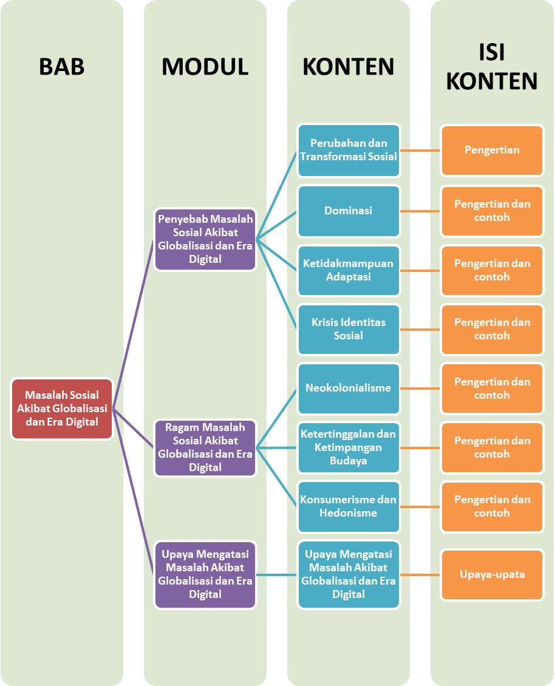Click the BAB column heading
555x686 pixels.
(61, 66)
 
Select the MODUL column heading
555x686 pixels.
(205, 66)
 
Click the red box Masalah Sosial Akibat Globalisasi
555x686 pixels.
(62, 409)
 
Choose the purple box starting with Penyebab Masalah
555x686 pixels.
(205, 239)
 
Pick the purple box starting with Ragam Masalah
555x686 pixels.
(205, 447)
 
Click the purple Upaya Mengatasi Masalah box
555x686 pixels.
(205, 574)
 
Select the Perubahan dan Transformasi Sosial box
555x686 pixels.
(349, 150)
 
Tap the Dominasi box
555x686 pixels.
(349, 211)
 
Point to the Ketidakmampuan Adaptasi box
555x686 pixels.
(349, 270)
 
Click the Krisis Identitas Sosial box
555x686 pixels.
(349, 329)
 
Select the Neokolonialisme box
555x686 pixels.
(349, 388)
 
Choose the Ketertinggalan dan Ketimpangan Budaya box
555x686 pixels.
(349, 447)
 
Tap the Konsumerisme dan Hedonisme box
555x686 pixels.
(349, 506)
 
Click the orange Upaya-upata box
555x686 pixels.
(492, 574)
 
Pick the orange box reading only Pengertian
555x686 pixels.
(492, 150)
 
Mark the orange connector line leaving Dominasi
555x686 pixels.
(420, 211)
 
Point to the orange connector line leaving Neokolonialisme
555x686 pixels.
(420, 389)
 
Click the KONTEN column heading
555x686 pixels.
(349, 66)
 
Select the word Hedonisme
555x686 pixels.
(349, 513)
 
